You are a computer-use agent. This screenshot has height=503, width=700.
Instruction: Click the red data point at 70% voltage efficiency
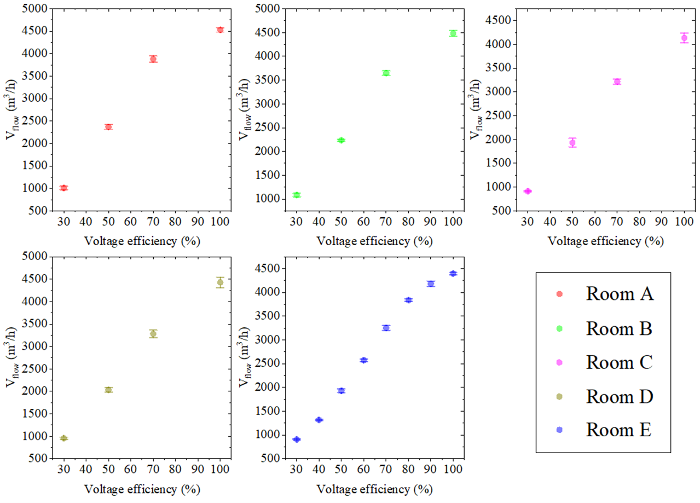point(153,59)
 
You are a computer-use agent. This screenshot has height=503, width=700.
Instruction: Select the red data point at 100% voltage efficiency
point(220,30)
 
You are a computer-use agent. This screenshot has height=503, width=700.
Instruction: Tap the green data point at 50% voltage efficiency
point(342,140)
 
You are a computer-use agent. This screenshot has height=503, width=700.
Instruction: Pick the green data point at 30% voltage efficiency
point(297,195)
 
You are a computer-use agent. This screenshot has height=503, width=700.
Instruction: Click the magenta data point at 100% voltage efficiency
point(684,38)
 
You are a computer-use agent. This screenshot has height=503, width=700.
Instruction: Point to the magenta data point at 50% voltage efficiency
point(572,143)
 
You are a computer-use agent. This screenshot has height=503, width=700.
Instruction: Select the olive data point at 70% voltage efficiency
point(153,334)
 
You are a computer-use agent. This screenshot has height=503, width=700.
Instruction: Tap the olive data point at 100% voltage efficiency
point(220,282)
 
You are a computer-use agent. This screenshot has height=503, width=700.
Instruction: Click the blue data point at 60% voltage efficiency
point(363,360)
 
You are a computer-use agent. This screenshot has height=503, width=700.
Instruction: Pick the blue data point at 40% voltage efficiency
point(319,420)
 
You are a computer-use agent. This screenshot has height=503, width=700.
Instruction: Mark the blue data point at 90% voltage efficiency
point(431,284)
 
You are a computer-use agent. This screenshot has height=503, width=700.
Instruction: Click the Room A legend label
point(620,294)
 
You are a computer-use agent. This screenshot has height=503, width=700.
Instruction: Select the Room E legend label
point(619,430)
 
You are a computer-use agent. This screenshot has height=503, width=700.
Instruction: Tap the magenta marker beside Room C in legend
point(559,362)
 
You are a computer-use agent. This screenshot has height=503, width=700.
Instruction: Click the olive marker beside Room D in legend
point(559,396)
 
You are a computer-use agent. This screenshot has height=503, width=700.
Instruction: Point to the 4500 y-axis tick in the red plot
point(34,31)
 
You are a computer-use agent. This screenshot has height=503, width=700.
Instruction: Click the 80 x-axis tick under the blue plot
point(408,469)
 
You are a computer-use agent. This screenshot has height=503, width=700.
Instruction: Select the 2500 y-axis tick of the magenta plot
point(499,115)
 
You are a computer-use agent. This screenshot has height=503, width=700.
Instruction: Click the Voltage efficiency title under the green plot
point(374,241)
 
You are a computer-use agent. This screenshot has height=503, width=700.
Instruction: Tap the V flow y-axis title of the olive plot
point(11,357)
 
